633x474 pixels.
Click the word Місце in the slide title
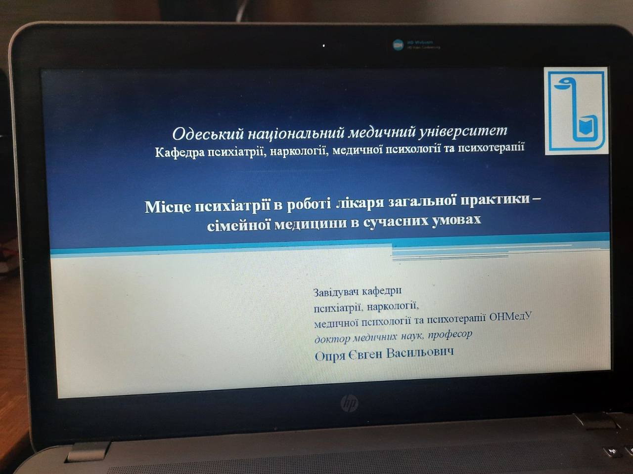click(168, 207)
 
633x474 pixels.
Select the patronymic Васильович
click(419, 353)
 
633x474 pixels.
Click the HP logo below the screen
click(350, 403)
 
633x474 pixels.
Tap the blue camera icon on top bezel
click(398, 45)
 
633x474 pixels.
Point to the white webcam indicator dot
click(323, 45)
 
